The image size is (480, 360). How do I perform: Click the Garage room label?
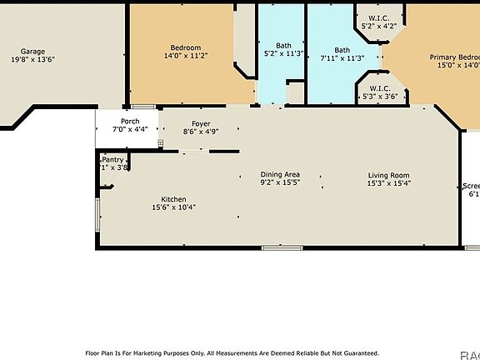click(x=33, y=51)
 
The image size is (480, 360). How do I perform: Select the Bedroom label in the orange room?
click(x=185, y=47)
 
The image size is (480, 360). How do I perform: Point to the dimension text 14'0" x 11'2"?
click(x=185, y=56)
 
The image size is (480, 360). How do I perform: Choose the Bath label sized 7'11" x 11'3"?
click(x=342, y=49)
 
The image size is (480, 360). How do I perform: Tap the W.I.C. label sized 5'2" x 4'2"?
click(x=377, y=17)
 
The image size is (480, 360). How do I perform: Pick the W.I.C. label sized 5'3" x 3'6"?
click(x=379, y=88)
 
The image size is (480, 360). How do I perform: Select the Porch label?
click(x=130, y=122)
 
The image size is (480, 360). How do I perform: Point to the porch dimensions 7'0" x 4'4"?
click(x=130, y=130)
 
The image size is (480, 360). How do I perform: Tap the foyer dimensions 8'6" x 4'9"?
click(x=201, y=132)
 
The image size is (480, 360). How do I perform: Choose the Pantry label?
click(x=113, y=159)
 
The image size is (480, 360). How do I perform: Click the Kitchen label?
click(x=173, y=199)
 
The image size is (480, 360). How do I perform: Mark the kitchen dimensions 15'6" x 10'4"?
click(x=173, y=207)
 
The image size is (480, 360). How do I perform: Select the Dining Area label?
click(x=280, y=174)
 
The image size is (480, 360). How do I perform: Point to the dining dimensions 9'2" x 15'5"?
click(x=280, y=182)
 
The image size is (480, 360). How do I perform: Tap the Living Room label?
click(x=389, y=174)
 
